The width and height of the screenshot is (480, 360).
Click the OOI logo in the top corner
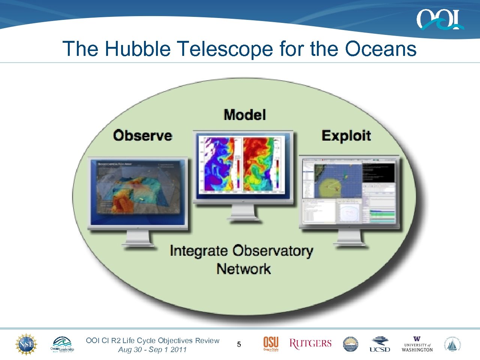tap(439, 19)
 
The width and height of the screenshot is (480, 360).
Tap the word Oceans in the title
tap(380, 49)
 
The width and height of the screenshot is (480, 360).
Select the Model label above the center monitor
tap(244, 115)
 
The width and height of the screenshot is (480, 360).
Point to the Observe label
tap(142, 135)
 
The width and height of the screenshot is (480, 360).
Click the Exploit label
tap(346, 135)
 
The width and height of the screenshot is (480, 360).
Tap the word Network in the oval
tap(243, 269)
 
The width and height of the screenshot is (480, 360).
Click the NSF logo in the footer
tap(26, 344)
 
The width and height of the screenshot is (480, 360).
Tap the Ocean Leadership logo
tap(62, 344)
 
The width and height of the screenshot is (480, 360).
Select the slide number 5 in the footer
tap(239, 345)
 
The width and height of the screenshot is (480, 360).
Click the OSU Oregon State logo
tap(271, 344)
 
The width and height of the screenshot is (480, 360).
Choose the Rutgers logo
tap(310, 343)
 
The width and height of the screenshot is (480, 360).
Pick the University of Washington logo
tap(417, 344)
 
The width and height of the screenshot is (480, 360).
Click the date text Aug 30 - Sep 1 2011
tap(152, 350)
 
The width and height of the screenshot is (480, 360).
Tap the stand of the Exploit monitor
tap(350, 238)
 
